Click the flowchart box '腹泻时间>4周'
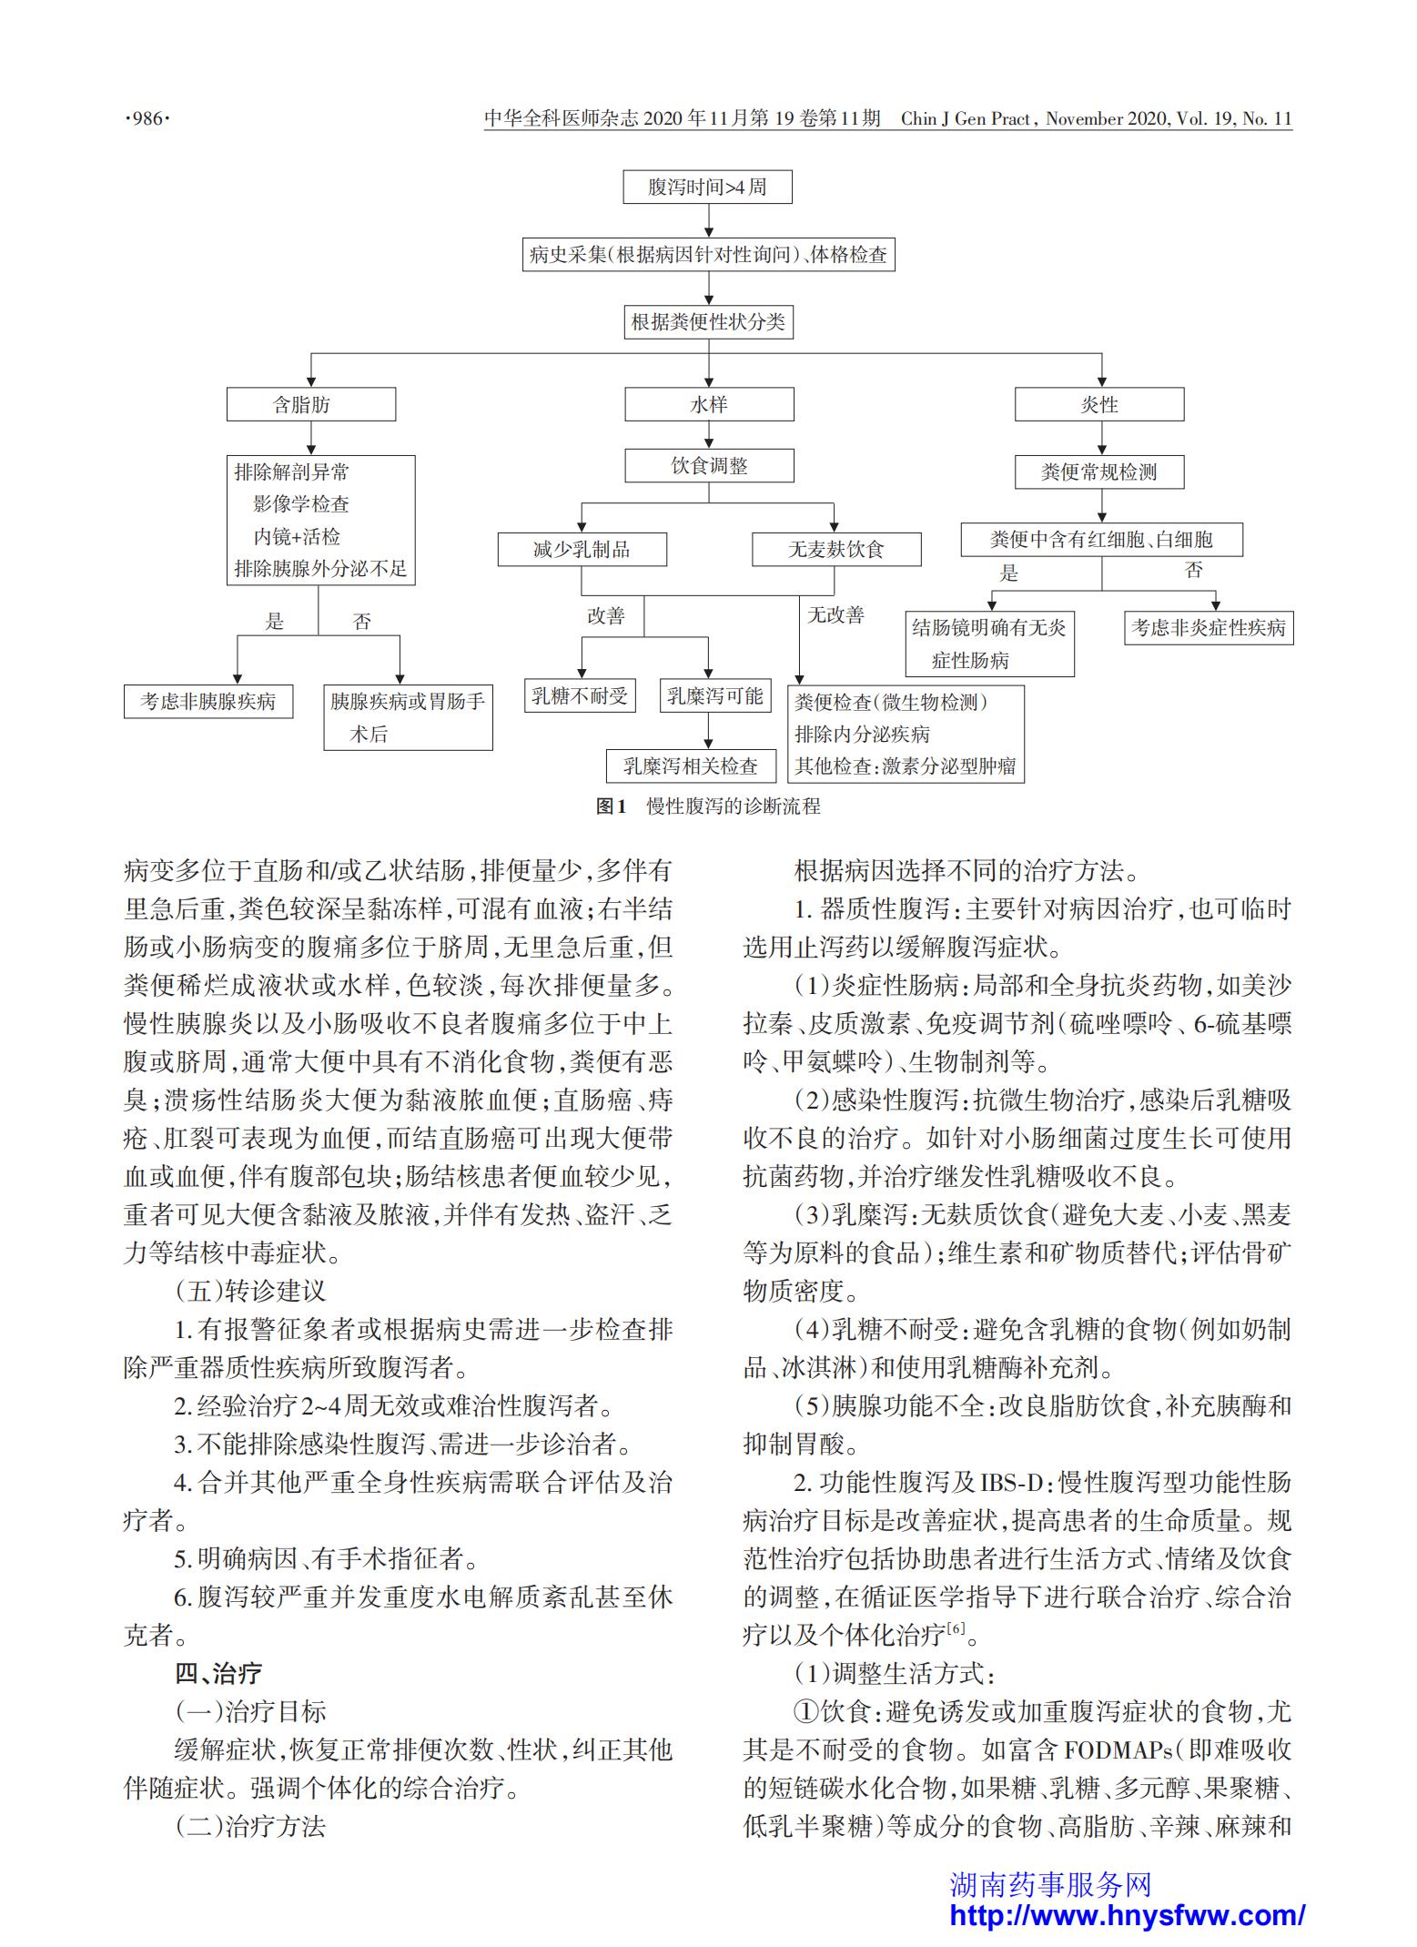click(x=707, y=187)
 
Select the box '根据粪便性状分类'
click(x=708, y=321)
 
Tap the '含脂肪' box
click(x=310, y=404)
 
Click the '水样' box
click(x=709, y=404)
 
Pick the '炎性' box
click(x=1099, y=404)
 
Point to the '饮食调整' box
click(x=709, y=465)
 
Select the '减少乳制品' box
click(x=582, y=549)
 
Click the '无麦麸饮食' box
click(x=836, y=549)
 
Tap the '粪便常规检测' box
click(x=1099, y=472)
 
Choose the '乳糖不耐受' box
click(x=580, y=695)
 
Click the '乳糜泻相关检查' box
click(x=691, y=766)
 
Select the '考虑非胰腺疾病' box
click(x=208, y=701)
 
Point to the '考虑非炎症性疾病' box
click(x=1209, y=627)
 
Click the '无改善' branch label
click(x=835, y=615)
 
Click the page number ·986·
click(x=147, y=118)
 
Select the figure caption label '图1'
click(x=612, y=806)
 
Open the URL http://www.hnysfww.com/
click(x=1128, y=1914)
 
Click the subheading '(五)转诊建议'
click(x=250, y=1290)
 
